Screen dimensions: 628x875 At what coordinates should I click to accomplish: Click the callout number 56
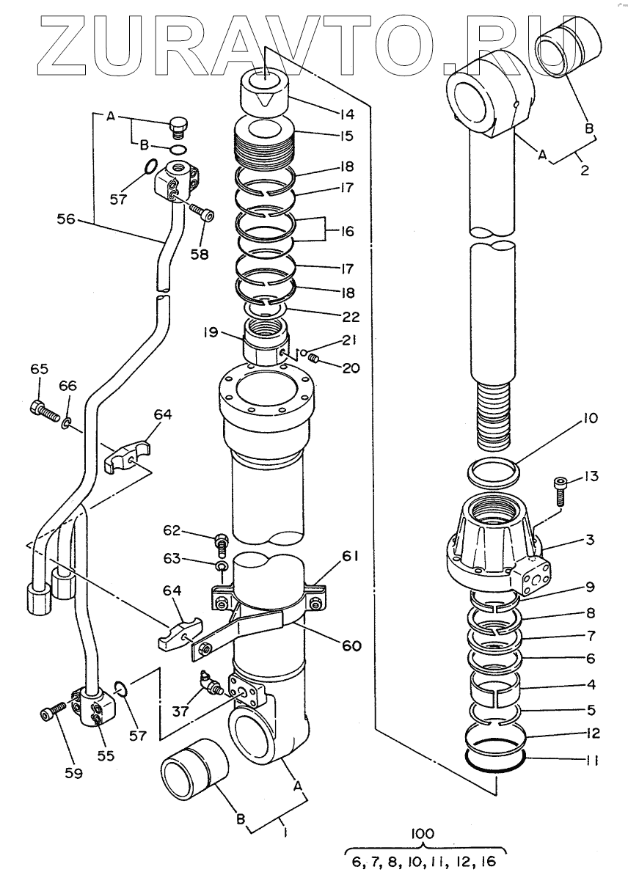(65, 219)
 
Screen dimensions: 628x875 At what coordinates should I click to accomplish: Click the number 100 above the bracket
(422, 834)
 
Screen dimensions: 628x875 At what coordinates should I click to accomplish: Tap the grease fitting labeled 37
(211, 682)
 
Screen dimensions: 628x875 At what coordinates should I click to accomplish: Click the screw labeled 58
(203, 211)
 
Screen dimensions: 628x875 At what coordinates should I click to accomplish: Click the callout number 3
(589, 540)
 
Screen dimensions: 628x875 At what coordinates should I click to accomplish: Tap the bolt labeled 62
(221, 543)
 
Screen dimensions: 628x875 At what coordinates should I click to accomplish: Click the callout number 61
(350, 556)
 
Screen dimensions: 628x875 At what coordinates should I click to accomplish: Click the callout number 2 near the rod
(585, 169)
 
